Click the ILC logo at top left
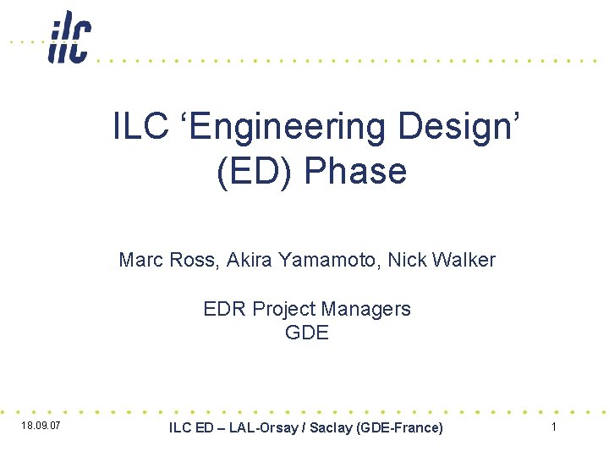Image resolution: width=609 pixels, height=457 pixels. tap(69, 37)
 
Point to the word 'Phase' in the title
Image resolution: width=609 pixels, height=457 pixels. tap(355, 172)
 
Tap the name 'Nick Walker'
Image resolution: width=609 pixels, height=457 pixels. tap(442, 260)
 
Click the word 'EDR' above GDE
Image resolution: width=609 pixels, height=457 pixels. tap(224, 309)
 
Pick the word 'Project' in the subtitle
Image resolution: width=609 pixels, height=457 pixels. tap(288, 309)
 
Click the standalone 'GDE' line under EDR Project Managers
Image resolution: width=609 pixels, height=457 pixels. tap(306, 333)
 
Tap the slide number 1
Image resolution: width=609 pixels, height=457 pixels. tap(554, 427)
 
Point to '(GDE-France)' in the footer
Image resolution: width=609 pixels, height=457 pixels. tap(400, 428)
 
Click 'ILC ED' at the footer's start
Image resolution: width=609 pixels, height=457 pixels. tap(191, 428)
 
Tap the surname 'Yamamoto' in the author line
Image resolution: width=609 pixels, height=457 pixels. tap(326, 260)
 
